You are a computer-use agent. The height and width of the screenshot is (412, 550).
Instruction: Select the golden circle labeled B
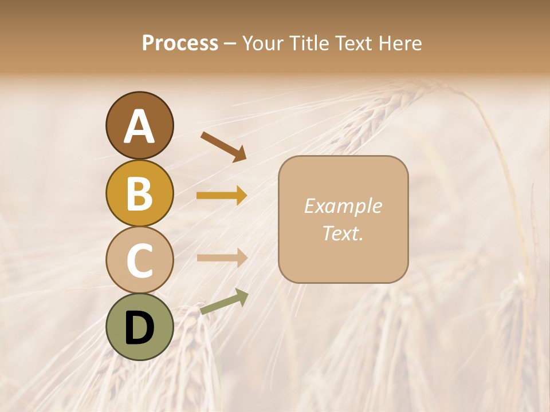tap(139, 193)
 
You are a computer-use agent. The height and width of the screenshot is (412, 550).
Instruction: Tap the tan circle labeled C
tap(139, 260)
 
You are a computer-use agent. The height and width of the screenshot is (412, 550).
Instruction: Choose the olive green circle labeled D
tap(139, 327)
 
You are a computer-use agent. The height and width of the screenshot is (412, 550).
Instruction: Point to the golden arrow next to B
tap(222, 196)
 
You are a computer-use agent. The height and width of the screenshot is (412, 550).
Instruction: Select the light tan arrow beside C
tap(222, 257)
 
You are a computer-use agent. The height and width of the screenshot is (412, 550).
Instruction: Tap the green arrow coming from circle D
tap(224, 302)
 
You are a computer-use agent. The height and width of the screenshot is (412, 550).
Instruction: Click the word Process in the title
tap(180, 43)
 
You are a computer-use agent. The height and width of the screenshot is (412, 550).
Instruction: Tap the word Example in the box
tap(343, 206)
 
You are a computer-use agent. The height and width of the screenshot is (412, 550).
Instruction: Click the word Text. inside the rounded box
tap(343, 233)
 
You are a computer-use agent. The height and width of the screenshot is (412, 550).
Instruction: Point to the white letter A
tap(139, 126)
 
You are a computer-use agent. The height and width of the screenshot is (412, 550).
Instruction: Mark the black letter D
tap(139, 328)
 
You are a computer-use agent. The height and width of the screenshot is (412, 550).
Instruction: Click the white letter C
tap(139, 261)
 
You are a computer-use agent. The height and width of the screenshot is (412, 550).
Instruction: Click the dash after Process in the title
tap(230, 44)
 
